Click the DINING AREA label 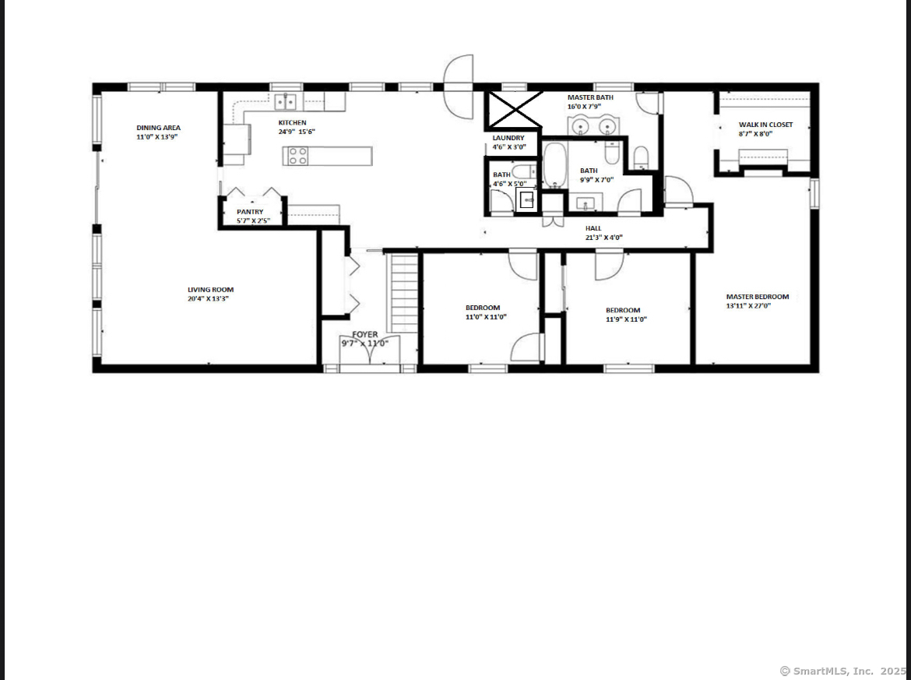(158, 128)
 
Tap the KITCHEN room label (292, 122)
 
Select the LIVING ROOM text (210, 290)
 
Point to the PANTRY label (250, 212)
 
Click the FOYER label (365, 334)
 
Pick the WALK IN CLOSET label (765, 125)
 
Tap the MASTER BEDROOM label (758, 297)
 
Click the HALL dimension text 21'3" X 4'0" (604, 237)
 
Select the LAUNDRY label (508, 138)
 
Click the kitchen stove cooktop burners (298, 156)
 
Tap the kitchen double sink (285, 102)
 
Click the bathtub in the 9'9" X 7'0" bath (555, 165)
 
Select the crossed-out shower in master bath (515, 110)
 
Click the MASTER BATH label (590, 97)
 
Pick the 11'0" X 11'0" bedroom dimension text (487, 317)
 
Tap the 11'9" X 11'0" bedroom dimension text (626, 319)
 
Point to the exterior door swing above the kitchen (459, 86)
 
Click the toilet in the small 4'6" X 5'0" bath (526, 171)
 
